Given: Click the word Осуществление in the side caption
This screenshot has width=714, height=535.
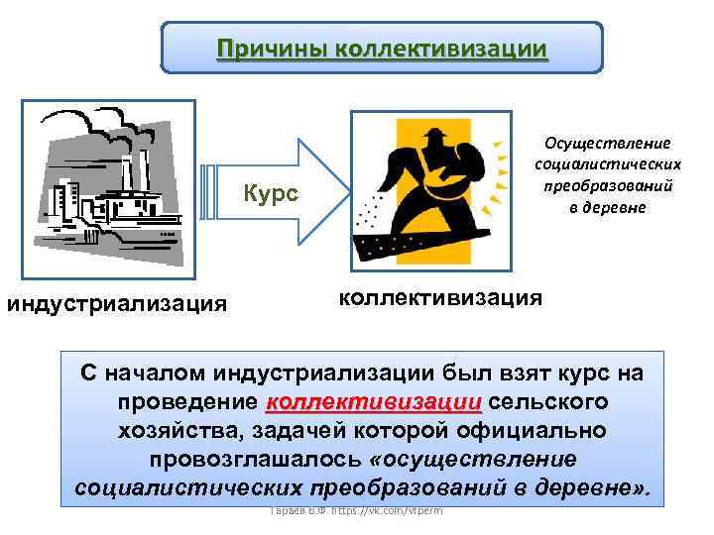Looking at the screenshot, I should pyautogui.click(x=607, y=144).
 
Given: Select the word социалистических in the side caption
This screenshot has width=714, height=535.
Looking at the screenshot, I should pyautogui.click(x=607, y=163).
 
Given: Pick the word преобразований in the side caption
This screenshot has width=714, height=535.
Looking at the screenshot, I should pyautogui.click(x=607, y=185).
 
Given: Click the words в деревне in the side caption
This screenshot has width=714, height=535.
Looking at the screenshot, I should pyautogui.click(x=607, y=206).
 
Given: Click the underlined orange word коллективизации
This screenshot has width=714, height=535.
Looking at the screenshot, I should pyautogui.click(x=374, y=404).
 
